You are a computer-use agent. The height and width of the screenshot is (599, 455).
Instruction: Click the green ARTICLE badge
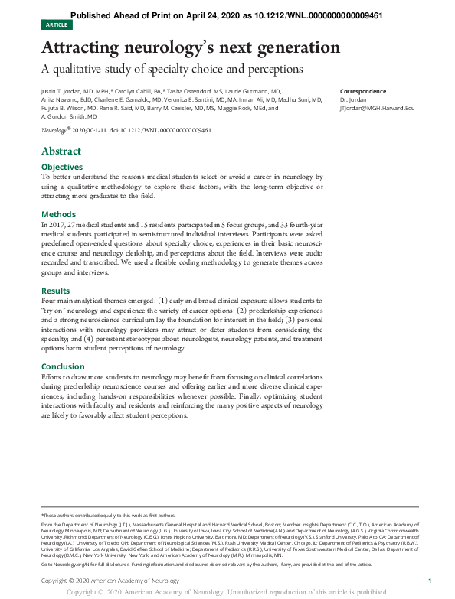pos(57,25)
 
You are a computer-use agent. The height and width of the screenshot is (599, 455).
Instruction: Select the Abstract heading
pos(61,151)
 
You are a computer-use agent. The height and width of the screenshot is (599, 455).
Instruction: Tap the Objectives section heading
pos(62,167)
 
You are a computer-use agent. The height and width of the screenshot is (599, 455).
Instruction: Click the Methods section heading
pos(58,214)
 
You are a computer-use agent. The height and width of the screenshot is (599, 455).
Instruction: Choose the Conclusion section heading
pos(63,366)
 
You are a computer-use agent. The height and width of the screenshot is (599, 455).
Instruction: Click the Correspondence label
pos(363,91)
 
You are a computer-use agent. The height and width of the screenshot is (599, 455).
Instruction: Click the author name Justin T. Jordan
pos(61,91)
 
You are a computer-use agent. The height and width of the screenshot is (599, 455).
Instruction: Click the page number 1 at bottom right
pos(429,581)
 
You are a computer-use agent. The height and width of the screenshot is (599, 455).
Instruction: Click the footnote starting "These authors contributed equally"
pos(107,516)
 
